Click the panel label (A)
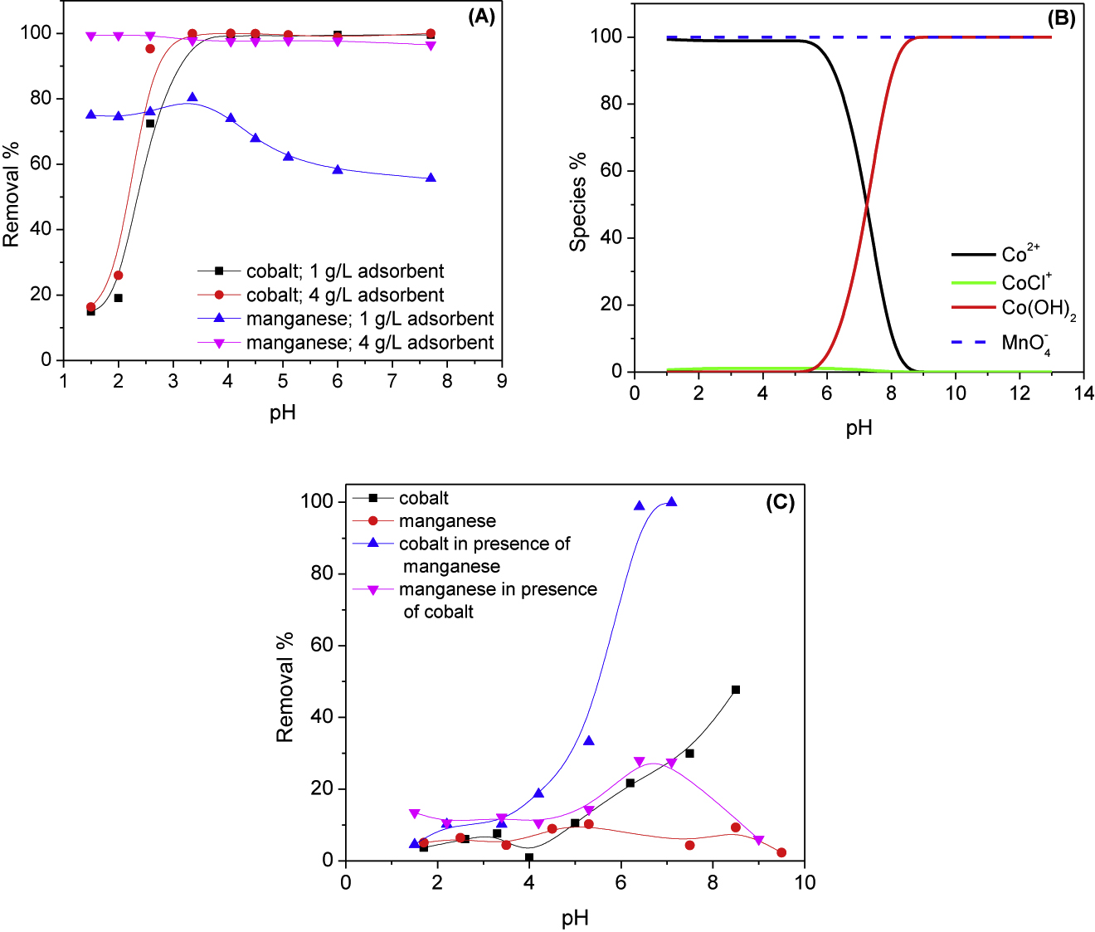click(x=481, y=17)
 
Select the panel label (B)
click(x=1061, y=19)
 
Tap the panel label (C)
click(x=780, y=502)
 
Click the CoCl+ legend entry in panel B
click(x=1026, y=282)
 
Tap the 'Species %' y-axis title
click(x=578, y=202)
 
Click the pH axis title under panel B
click(x=859, y=428)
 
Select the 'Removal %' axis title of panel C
click(x=285, y=687)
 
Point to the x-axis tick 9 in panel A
click(x=502, y=381)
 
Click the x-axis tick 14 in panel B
click(x=1083, y=393)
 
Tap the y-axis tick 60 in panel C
click(x=322, y=646)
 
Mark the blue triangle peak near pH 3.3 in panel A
click(x=192, y=98)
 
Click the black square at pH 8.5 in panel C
click(x=736, y=690)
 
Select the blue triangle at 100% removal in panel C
click(x=671, y=502)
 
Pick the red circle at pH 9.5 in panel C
click(x=781, y=852)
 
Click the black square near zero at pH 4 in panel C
click(x=529, y=857)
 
